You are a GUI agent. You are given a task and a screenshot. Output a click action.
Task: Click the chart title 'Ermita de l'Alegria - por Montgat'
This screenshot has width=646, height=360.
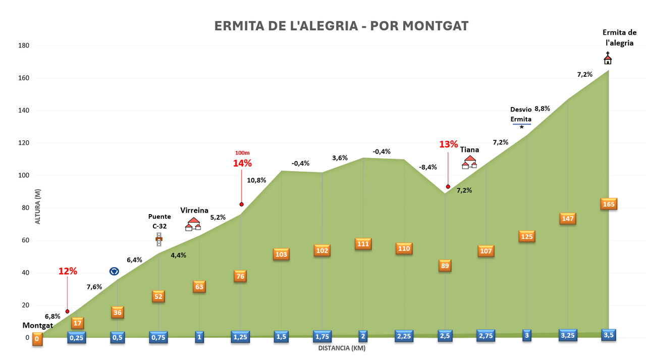coord(341,26)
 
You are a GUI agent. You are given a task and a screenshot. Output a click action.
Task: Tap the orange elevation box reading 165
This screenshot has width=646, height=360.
coord(609,204)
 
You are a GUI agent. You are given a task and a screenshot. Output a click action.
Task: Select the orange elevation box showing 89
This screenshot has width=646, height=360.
coord(445,266)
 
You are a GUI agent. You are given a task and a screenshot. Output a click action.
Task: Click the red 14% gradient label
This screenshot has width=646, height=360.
coord(242,163)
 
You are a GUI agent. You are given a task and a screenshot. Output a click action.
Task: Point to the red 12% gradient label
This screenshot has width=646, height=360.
coord(68,271)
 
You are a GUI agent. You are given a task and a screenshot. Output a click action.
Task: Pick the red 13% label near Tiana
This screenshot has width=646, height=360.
coord(449,144)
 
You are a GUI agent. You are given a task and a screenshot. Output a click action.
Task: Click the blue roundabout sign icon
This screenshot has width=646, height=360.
coord(114,271)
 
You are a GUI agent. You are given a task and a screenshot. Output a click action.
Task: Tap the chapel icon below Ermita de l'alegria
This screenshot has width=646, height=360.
coord(608,58)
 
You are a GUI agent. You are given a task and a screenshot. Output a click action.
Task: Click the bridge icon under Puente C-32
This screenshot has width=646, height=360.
coord(159,239)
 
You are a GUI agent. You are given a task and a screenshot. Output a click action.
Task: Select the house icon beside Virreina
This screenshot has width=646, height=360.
coord(193,224)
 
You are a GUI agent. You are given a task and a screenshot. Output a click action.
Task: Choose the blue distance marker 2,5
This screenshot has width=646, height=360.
coord(445,336)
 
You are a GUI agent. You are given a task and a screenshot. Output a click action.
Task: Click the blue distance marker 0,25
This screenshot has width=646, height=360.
coord(76,337)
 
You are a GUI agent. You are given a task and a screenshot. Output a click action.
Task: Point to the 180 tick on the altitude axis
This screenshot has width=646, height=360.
coord(24,45)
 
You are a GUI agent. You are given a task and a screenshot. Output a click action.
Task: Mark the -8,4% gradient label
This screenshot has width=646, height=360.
coord(428,167)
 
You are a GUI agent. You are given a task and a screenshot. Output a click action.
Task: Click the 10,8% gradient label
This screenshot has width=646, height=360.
coord(256,180)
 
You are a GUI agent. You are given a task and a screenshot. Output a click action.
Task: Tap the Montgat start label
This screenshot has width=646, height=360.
coord(38,325)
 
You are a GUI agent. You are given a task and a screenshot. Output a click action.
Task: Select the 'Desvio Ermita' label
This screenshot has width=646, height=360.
coord(521,114)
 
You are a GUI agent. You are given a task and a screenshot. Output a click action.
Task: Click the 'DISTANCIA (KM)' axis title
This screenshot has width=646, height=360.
coord(342,348)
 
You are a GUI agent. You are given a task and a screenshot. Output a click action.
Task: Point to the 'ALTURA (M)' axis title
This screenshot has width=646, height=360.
coord(38,207)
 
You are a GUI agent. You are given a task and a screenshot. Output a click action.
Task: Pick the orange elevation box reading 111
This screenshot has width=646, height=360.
coord(363,244)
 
